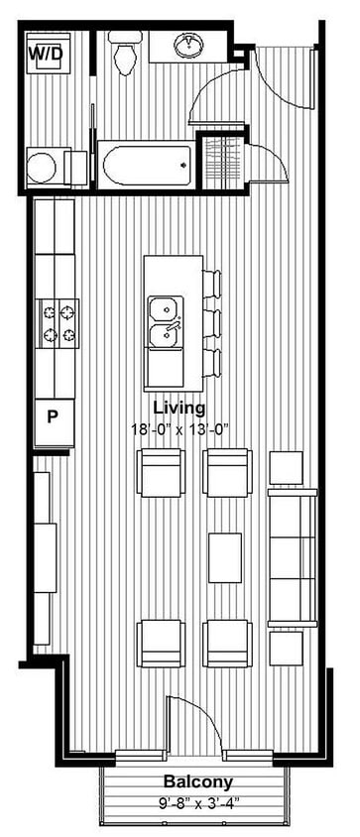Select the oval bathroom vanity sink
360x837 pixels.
[186, 45]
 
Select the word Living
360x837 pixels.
[179, 408]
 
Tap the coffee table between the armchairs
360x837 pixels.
[225, 557]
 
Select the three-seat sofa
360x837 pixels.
[292, 551]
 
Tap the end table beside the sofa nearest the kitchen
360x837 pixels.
[287, 467]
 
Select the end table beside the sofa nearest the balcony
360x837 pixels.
[287, 648]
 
